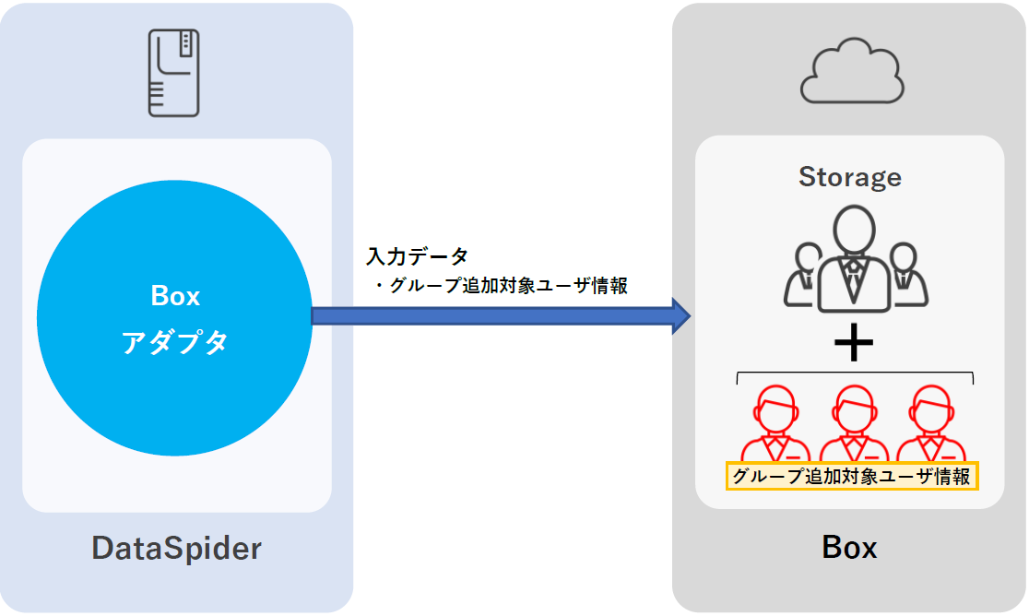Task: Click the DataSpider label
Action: coord(176,549)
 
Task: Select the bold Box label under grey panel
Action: coord(849,548)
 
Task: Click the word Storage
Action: coord(850,176)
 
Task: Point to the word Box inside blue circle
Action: coord(175,296)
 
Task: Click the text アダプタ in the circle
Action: coord(175,342)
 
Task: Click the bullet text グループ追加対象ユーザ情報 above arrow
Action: coord(503,286)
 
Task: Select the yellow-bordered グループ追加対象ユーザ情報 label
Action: coord(852,476)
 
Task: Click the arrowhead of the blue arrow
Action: coord(680,316)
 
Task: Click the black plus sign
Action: coord(853,344)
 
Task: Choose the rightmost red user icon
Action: coord(930,422)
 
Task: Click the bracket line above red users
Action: coord(855,373)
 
